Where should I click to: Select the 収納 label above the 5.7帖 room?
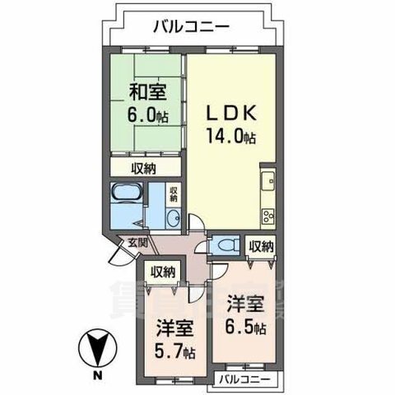coord(162,272)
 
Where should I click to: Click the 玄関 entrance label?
coord(137,243)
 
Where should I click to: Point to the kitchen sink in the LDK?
coord(268,181)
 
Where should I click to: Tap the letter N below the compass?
coord(98,377)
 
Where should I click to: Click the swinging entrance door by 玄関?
coord(118,256)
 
